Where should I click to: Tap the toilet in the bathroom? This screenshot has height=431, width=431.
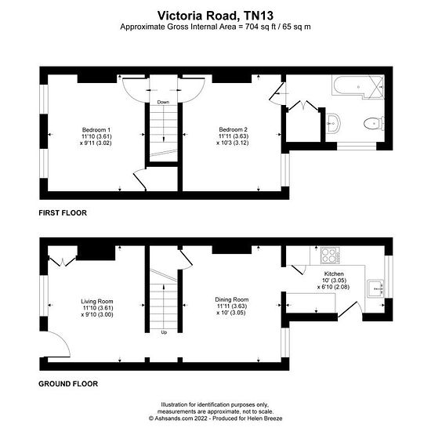374,123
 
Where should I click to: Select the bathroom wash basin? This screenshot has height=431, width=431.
333,123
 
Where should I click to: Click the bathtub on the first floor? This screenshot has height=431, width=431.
357,86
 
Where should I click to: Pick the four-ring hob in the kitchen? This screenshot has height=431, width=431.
330,255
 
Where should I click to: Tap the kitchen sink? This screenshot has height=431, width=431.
375,288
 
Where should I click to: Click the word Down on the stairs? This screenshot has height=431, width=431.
163,102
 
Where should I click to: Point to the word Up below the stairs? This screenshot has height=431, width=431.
164,332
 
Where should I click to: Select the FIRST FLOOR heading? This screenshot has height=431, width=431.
63,212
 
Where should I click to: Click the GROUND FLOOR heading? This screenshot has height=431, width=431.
68,384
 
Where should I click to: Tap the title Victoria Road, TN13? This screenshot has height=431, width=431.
215,16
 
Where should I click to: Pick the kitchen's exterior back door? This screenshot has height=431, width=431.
349,310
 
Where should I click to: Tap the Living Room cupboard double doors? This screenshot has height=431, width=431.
63,262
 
